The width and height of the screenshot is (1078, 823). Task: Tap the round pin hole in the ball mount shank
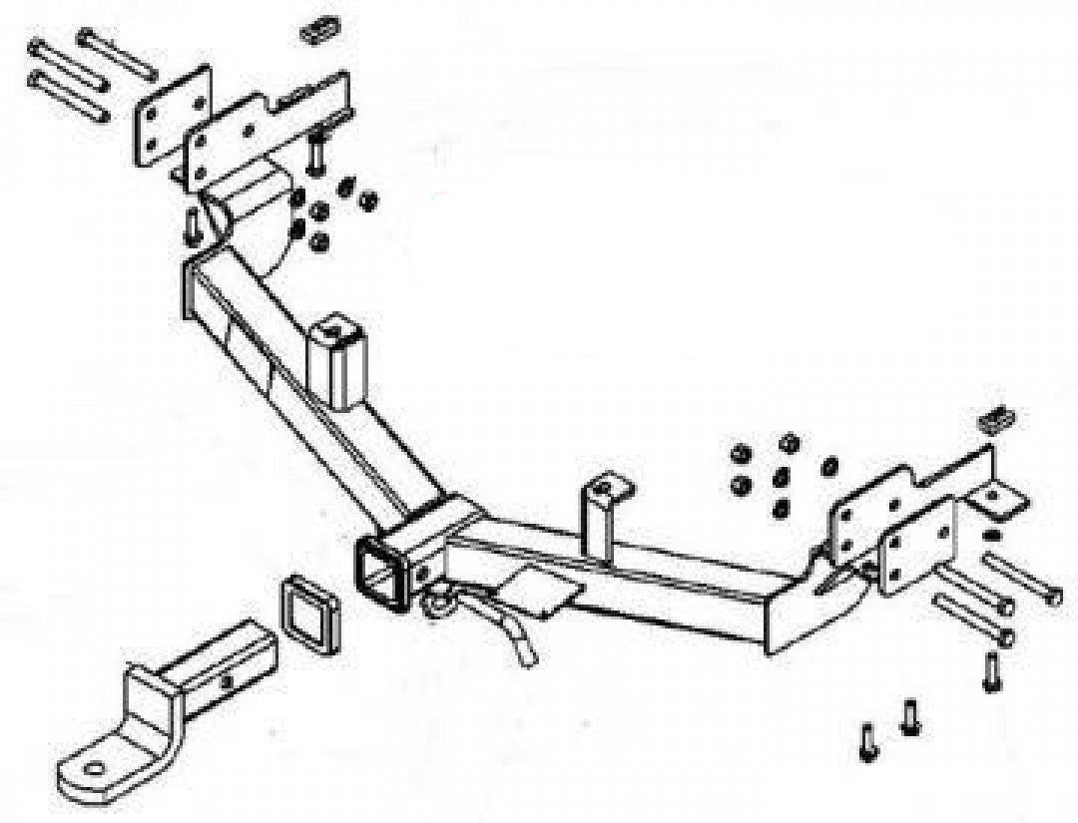229,680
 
